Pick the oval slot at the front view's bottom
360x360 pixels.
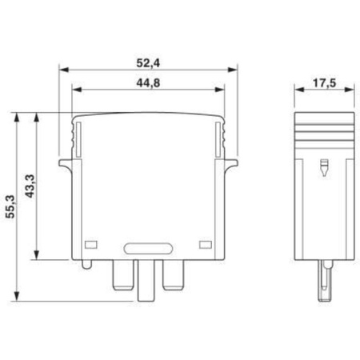(148, 248)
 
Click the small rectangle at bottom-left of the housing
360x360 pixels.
(90, 243)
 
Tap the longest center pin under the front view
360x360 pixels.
(148, 279)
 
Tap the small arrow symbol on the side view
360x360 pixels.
(323, 169)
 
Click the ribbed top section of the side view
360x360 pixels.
(323, 133)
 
